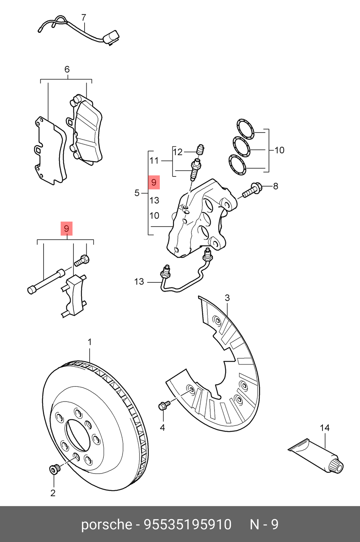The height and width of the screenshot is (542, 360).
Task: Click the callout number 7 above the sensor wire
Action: coord(84,17)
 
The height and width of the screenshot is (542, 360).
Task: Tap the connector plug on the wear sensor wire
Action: coord(112,37)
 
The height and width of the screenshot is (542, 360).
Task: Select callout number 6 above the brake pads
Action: coord(67,69)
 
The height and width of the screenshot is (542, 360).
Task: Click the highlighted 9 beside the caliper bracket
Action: coord(154,183)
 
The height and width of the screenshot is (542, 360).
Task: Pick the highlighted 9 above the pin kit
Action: coord(67,229)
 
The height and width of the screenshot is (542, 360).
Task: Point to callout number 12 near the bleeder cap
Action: coord(178,152)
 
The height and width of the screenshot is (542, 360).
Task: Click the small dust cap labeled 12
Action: coord(201,149)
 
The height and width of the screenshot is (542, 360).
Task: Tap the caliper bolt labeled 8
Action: coord(252,190)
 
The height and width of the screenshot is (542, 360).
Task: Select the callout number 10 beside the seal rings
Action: coord(279,150)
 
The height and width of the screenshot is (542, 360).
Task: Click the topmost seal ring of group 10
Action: coord(245,129)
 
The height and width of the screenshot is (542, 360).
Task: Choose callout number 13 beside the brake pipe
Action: coord(139,282)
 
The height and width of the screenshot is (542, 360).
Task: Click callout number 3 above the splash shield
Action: coord(227,298)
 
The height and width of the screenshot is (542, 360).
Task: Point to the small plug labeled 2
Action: coord(54,469)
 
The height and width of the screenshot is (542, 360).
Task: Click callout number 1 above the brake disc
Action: coord(90,342)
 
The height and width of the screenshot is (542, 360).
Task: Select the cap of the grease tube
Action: coord(337,465)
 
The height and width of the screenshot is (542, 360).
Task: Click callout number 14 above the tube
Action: coord(325,427)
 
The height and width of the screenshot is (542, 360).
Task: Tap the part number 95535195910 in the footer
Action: coord(188,524)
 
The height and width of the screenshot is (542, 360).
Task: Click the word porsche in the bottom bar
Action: coord(107,524)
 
